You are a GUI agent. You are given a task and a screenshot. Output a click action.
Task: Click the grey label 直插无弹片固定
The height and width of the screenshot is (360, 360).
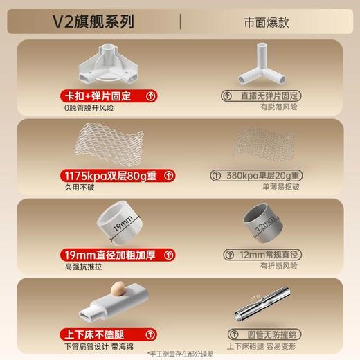(261, 96)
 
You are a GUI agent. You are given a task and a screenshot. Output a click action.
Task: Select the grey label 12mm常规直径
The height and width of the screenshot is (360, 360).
(261, 255)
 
